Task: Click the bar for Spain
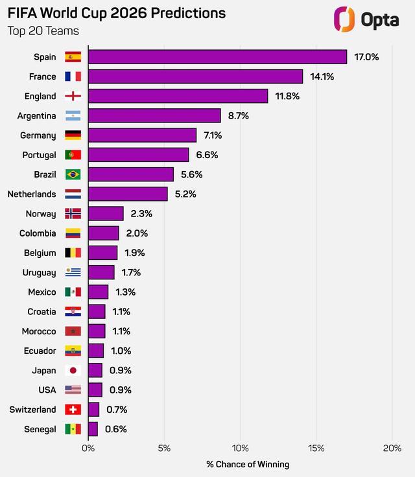tap(217, 57)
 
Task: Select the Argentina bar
tap(154, 116)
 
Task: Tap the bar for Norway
tap(106, 214)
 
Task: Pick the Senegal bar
tap(93, 429)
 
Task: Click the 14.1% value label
tap(322, 76)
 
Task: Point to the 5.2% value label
tap(185, 194)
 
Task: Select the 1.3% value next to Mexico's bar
tap(125, 292)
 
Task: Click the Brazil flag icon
tap(73, 174)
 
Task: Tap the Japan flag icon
tap(73, 371)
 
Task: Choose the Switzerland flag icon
tap(73, 410)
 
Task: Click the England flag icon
tap(73, 97)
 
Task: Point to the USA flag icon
tap(73, 390)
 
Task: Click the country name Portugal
tap(38, 155)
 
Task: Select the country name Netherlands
tap(32, 194)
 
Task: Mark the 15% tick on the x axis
tap(316, 448)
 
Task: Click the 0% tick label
tap(88, 448)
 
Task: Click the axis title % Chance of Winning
tap(248, 464)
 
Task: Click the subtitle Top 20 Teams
tap(43, 31)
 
